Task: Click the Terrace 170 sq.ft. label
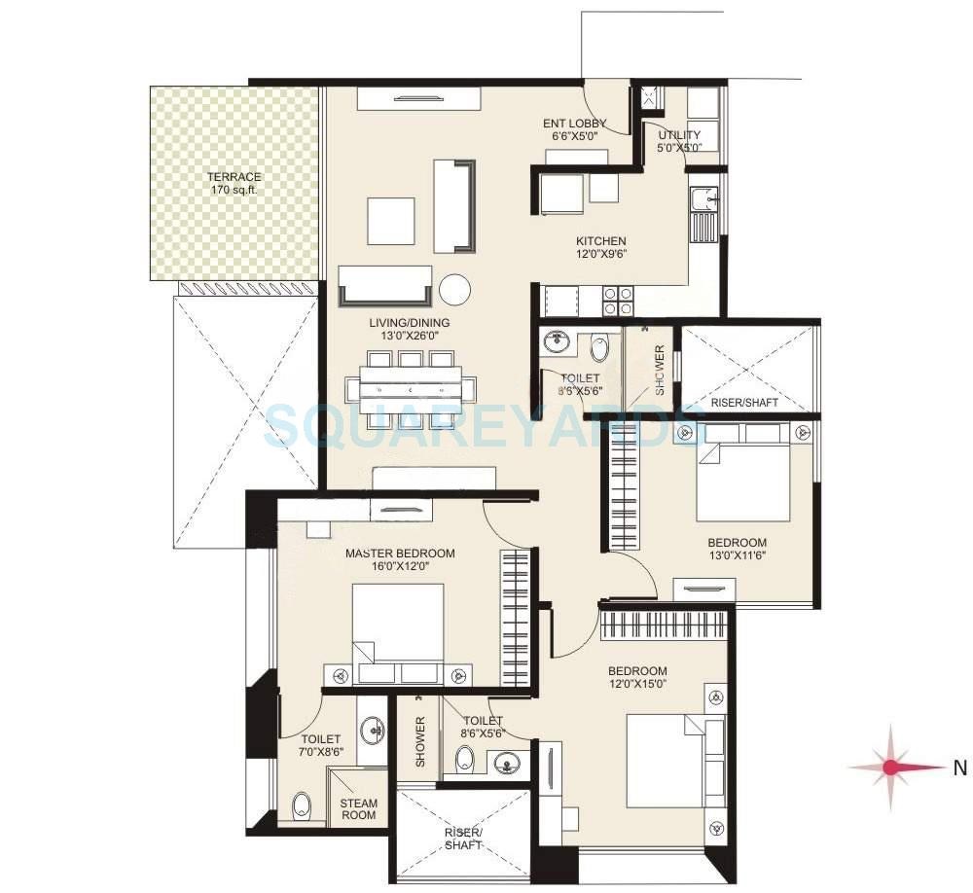point(234,183)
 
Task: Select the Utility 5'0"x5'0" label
point(679,141)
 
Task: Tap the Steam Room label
point(358,809)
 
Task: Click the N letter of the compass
point(959,768)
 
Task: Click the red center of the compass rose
point(891,768)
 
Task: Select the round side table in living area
point(454,289)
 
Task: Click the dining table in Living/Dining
point(411,390)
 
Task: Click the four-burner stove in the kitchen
point(619,301)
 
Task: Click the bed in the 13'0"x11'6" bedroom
point(742,482)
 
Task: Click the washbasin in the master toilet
point(374,730)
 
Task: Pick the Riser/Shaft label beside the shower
point(744,402)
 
